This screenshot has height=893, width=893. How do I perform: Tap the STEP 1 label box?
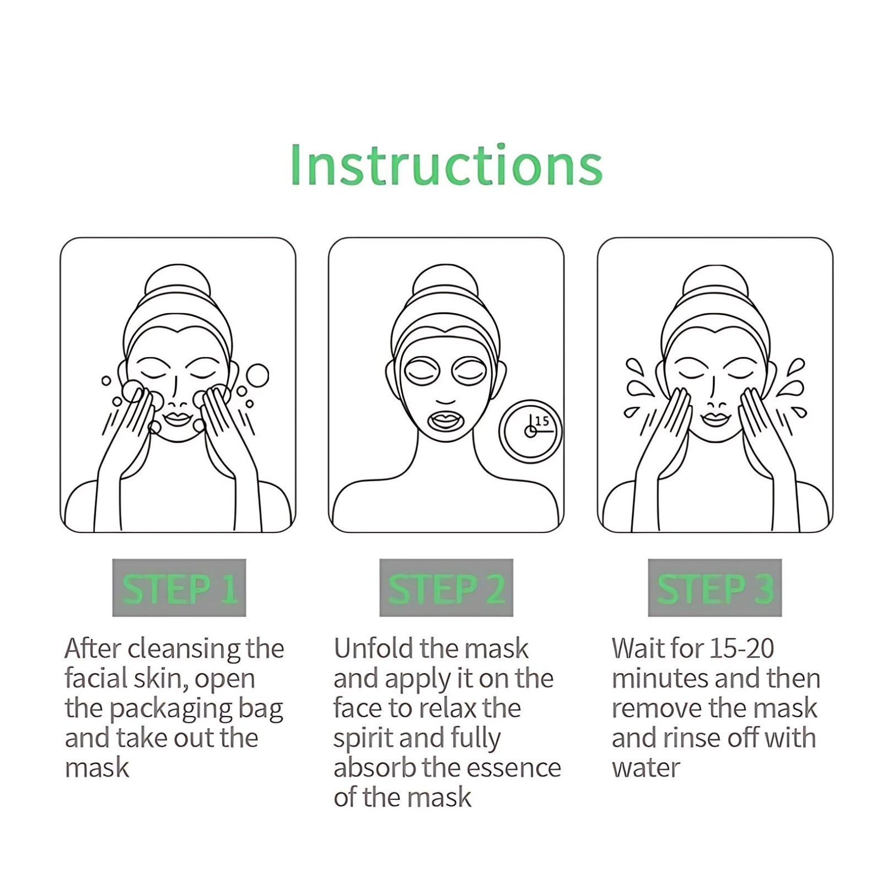pyautogui.click(x=179, y=588)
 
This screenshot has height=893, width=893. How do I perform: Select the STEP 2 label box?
pyautogui.click(x=446, y=588)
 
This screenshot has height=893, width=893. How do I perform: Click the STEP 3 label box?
pyautogui.click(x=714, y=588)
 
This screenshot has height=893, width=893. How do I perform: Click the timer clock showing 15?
pyautogui.click(x=530, y=431)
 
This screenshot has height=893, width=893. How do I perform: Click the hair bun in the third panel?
pyautogui.click(x=715, y=284)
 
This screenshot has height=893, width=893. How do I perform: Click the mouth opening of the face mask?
pyautogui.click(x=446, y=422)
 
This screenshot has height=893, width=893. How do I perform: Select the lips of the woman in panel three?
pyautogui.click(x=715, y=419)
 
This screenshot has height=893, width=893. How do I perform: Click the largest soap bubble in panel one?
pyautogui.click(x=257, y=376)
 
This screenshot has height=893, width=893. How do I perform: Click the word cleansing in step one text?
pyautogui.click(x=184, y=649)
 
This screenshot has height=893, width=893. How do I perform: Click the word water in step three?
pyautogui.click(x=645, y=768)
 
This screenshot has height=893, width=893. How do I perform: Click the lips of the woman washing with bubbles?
pyautogui.click(x=177, y=419)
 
